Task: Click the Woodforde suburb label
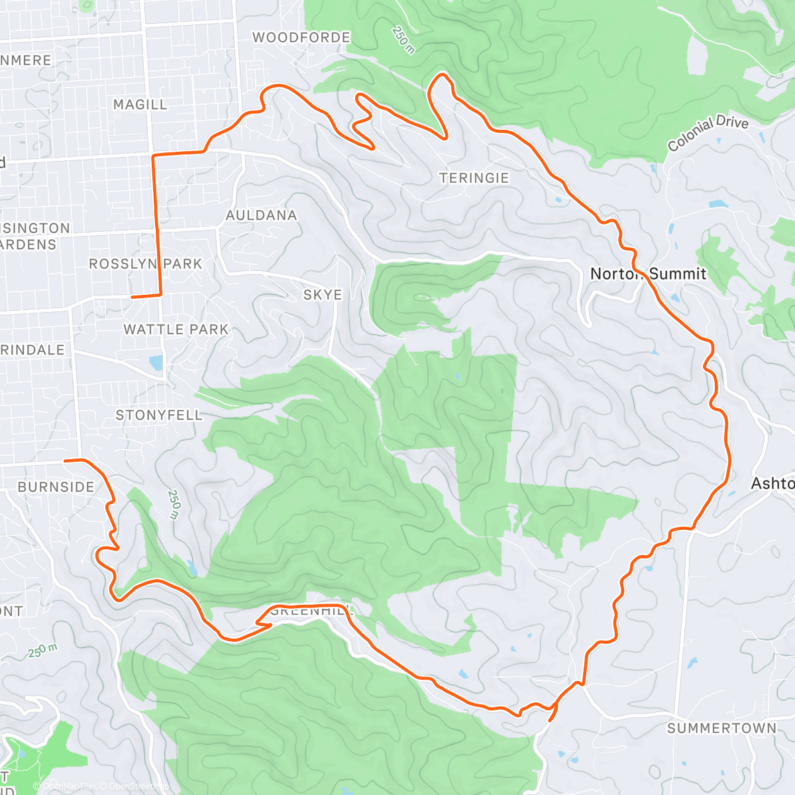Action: (301, 38)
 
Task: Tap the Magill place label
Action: (140, 105)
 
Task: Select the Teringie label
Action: (474, 178)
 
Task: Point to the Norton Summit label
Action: (648, 274)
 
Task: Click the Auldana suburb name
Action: (261, 215)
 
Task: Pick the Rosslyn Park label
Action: (145, 264)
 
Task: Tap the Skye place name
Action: (323, 295)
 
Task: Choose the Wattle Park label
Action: (176, 329)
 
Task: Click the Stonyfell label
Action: (159, 415)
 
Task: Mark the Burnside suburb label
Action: (56, 487)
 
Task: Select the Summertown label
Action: (721, 728)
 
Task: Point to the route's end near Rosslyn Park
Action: (132, 297)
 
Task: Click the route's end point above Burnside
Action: (65, 460)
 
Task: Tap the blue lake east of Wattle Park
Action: (156, 362)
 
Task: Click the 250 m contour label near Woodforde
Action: (402, 40)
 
